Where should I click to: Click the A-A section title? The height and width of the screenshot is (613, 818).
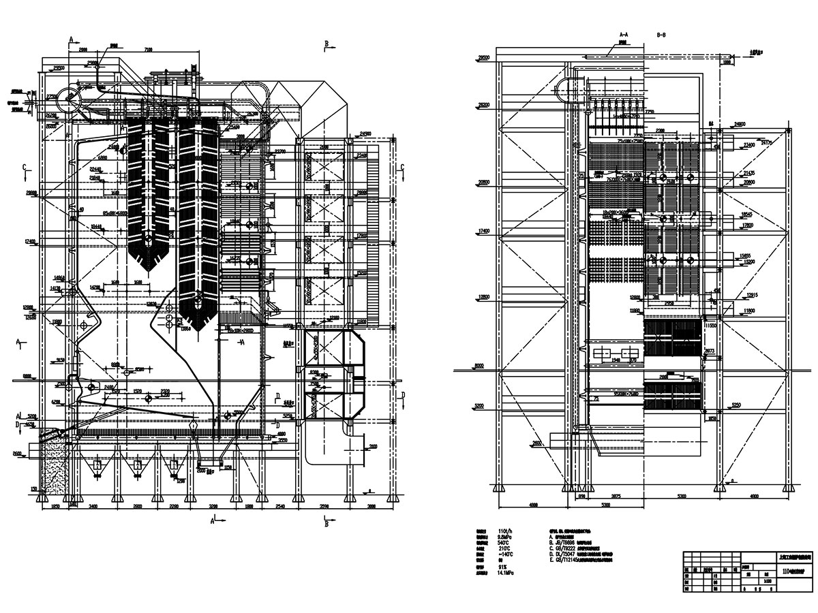point(624,33)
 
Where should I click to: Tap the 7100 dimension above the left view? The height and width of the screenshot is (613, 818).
point(148,49)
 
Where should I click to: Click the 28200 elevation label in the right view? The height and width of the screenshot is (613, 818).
point(483,105)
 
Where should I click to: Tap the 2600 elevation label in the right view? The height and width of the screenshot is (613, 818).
point(536,443)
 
